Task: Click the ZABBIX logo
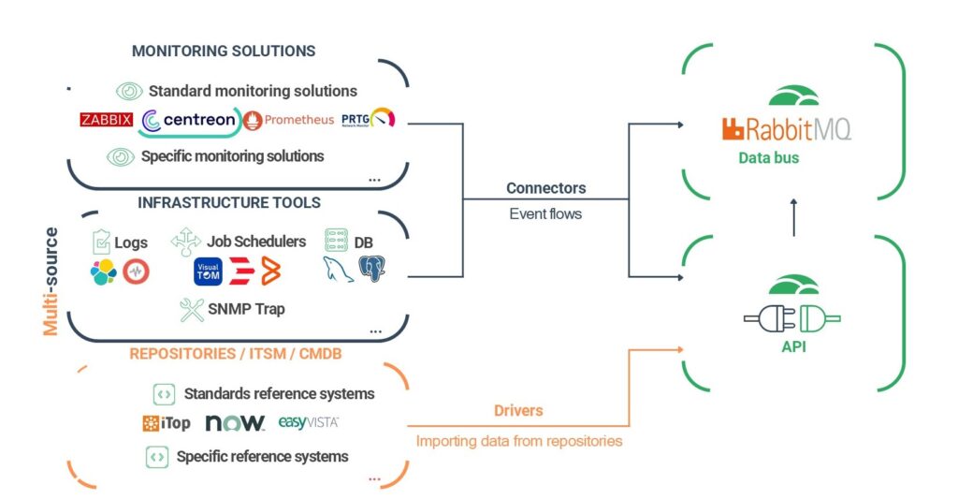pos(106,120)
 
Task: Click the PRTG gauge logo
pos(368,119)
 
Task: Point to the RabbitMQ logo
pos(786,129)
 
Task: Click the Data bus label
pos(769,158)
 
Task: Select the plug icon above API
pos(792,318)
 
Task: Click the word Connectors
pos(545,188)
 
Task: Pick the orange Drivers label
pos(517,411)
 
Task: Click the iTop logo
pos(166,423)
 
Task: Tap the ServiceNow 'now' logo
pos(235,423)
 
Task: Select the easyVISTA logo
pos(308,423)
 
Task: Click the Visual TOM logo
pos(207,272)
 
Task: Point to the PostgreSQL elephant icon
pos(371,270)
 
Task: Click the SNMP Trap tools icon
pos(193,310)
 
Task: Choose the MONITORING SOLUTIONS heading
pos(224,51)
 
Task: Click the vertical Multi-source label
pos(51,281)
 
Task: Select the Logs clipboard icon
pos(102,242)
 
